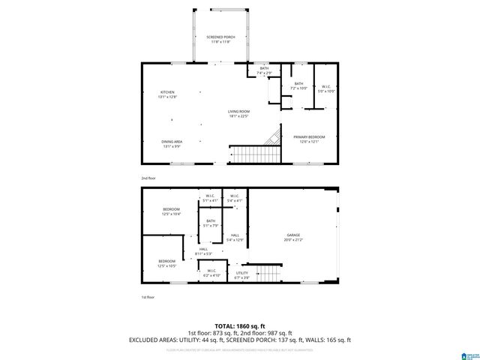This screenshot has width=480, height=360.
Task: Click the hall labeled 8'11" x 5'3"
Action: pyautogui.click(x=203, y=251)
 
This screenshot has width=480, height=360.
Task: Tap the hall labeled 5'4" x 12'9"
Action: pyautogui.click(x=235, y=237)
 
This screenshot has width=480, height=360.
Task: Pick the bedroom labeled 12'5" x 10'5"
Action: pyautogui.click(x=166, y=263)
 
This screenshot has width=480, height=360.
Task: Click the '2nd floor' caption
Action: pyautogui.click(x=148, y=178)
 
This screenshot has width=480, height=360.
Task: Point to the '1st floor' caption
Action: pyautogui.click(x=148, y=298)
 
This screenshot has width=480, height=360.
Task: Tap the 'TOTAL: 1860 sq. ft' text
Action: pyautogui.click(x=239, y=325)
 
